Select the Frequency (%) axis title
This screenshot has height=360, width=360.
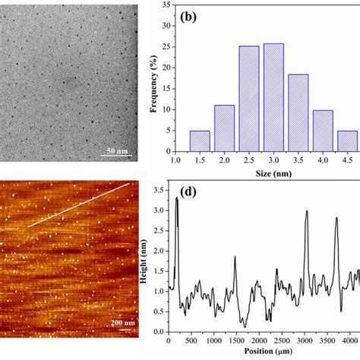(x=153, y=79)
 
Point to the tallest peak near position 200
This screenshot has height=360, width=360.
(x=177, y=199)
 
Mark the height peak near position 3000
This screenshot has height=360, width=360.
(x=306, y=212)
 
